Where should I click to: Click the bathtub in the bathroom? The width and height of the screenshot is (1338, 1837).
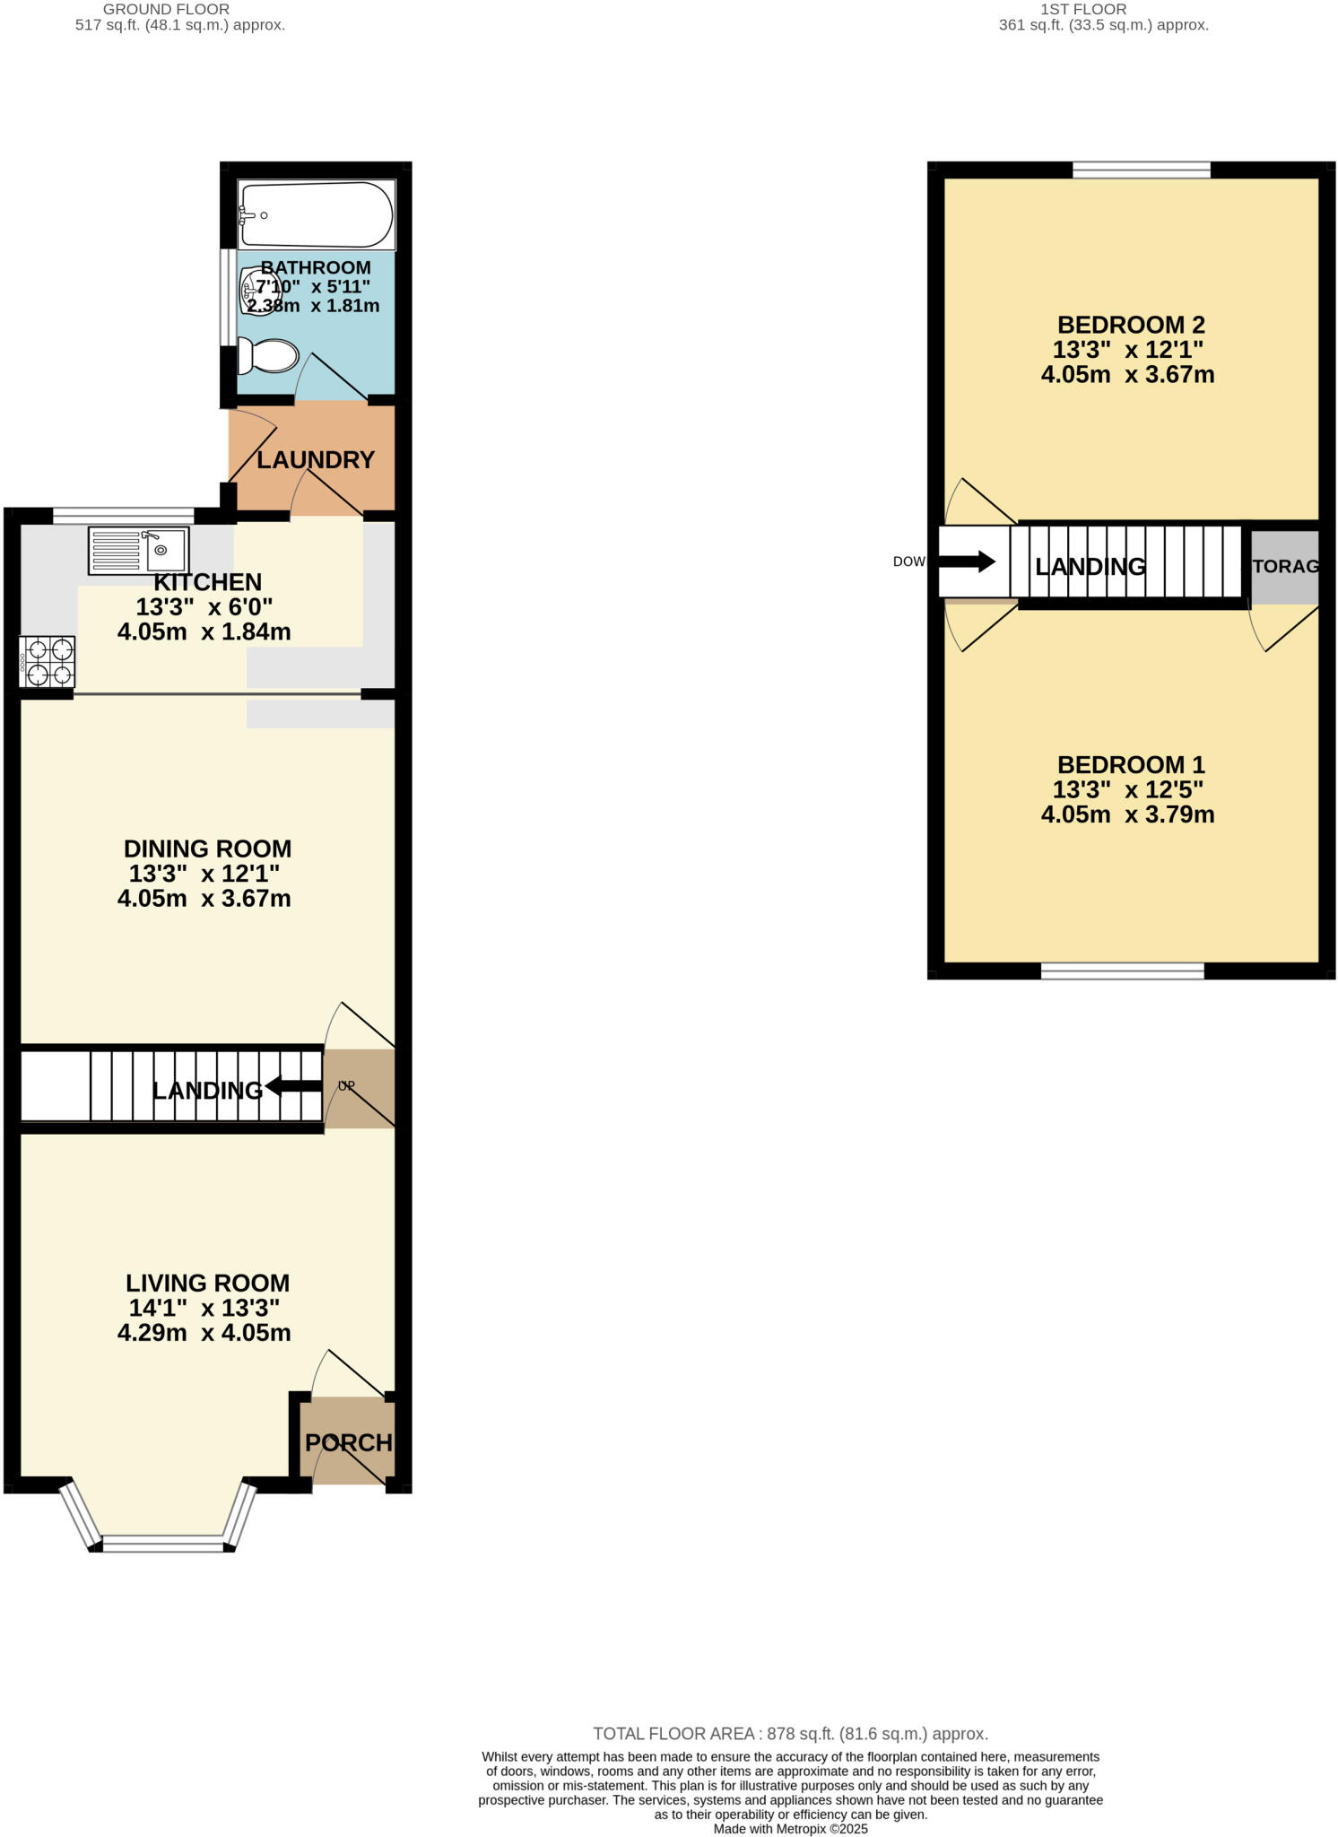pos(316,215)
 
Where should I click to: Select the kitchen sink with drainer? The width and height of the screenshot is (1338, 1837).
pos(139,550)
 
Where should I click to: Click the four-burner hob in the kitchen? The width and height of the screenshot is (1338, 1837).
pos(48,662)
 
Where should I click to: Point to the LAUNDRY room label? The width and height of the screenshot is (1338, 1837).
pos(315,460)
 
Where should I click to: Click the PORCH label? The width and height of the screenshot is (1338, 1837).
pos(348,1443)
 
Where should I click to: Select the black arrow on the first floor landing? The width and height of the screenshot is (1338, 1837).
pos(967,562)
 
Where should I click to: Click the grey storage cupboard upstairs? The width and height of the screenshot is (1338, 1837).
pos(1285,567)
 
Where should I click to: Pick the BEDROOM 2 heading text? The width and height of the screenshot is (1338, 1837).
pos(1130,325)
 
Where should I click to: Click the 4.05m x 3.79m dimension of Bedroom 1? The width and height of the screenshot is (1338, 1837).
pos(1127,814)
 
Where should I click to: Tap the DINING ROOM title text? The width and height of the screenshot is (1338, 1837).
pos(207,849)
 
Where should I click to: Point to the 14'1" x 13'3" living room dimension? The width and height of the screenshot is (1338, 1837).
pos(204,1308)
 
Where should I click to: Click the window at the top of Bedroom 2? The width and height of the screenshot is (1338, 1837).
pos(1141,170)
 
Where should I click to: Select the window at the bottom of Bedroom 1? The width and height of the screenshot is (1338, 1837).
pos(1122,971)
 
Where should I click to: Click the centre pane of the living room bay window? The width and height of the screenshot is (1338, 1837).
pos(163,1543)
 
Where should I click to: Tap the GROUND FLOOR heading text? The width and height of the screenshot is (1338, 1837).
pos(167,9)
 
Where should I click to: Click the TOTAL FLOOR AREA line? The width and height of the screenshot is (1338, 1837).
pos(790,1734)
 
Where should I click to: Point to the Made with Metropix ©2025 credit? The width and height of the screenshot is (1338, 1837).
pos(790,1828)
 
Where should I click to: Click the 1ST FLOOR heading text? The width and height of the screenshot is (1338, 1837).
pos(1083,9)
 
